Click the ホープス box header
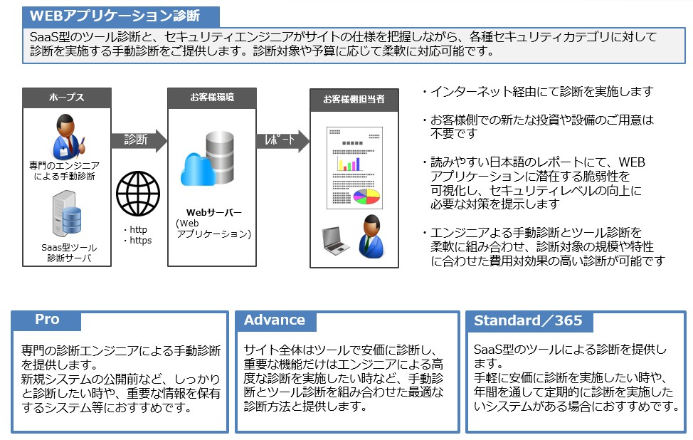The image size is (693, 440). point(67,98)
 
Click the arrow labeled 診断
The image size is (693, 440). point(138,140)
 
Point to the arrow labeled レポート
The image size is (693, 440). point(282,140)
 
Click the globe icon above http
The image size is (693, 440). point(138,193)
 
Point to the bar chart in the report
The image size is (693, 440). point(349,164)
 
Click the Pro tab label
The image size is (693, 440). point(47,320)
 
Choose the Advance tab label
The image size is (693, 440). point(275,320)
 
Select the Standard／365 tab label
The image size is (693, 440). point(528,320)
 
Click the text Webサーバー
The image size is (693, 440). point(213,212)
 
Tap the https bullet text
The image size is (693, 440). point(139,240)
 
